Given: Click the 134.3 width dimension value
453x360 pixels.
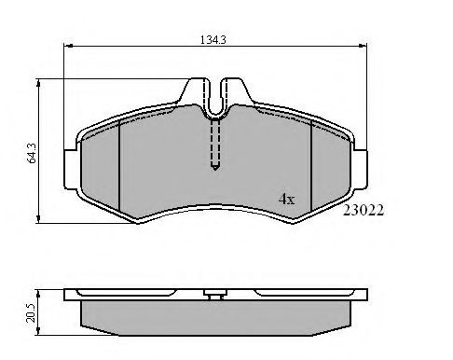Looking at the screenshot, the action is tap(213, 40).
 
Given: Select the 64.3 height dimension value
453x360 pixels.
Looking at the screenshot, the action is tap(32, 153).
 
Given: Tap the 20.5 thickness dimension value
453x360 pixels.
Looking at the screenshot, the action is tap(32, 312).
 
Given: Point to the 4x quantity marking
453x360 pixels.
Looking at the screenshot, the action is tap(286, 199).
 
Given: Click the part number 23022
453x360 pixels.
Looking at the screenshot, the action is tap(364, 210).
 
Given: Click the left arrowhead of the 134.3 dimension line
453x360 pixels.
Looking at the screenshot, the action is tap(68, 46).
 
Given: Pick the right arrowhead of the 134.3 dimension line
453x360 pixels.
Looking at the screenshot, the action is tap(363, 46).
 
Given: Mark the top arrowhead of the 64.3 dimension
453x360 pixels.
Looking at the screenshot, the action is tap(38, 83).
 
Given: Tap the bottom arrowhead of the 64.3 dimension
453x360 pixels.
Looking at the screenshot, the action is tap(38, 218).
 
